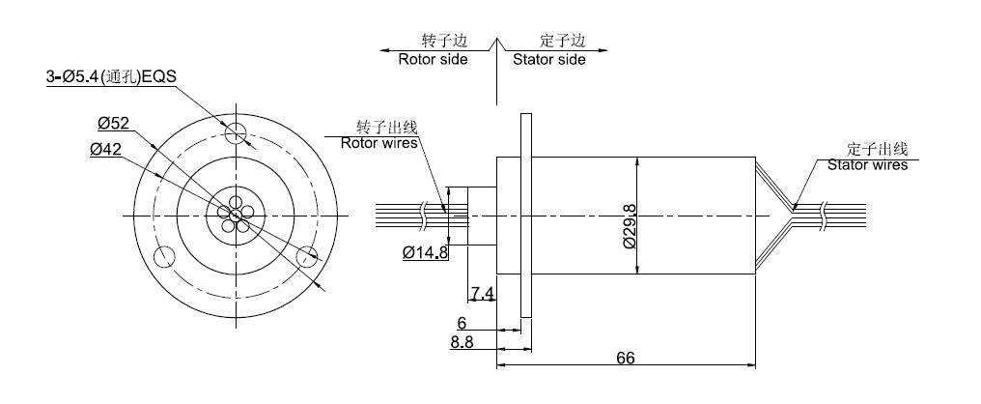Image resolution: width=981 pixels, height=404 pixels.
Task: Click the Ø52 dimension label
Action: [x=114, y=123]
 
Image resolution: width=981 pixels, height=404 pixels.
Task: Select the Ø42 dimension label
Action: [x=105, y=149]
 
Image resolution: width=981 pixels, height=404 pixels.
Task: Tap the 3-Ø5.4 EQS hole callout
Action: [x=111, y=78]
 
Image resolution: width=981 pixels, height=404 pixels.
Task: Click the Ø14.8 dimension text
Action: [x=425, y=254]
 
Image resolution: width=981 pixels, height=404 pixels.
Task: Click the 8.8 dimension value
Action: [x=462, y=341]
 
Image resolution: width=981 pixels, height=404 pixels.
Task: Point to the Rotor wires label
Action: [x=379, y=143]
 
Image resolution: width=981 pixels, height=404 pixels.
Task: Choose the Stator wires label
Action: [x=867, y=165]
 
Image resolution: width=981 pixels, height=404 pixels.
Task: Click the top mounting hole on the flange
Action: [x=236, y=134]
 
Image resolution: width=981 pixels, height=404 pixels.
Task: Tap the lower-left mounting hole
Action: [x=163, y=256]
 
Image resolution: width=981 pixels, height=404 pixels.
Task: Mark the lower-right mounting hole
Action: [x=307, y=255]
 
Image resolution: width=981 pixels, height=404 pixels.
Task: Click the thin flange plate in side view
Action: [x=525, y=215]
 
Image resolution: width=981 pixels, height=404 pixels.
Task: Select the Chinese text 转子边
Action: [x=444, y=42]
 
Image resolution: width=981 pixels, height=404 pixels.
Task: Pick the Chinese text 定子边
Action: [x=563, y=42]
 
